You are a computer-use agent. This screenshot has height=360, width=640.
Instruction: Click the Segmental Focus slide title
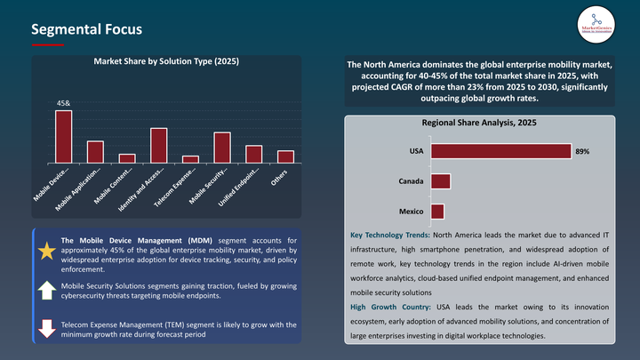(86, 29)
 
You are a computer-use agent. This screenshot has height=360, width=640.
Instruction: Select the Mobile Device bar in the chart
(64, 137)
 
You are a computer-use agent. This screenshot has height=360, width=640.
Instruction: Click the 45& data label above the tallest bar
(64, 104)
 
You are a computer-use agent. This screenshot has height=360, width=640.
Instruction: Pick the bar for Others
(285, 156)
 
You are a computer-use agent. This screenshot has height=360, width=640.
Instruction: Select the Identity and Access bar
(159, 145)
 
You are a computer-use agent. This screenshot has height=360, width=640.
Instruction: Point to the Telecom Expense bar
(190, 159)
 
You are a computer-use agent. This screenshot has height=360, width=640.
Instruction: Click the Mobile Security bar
(222, 148)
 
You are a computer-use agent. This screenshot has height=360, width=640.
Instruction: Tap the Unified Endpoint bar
(253, 154)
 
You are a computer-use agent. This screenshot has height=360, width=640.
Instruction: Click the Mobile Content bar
(127, 158)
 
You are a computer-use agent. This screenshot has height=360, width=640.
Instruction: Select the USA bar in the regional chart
(500, 151)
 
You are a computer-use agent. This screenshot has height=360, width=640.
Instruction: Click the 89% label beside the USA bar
(582, 152)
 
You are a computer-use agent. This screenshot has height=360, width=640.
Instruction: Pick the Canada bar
(440, 181)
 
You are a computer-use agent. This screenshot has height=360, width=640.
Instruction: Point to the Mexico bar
(436, 212)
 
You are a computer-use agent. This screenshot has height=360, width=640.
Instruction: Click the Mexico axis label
(410, 212)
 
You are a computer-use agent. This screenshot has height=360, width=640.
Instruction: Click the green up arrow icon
(46, 290)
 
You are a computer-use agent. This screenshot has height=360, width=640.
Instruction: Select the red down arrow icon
(46, 328)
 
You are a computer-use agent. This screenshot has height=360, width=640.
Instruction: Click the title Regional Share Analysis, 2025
(478, 123)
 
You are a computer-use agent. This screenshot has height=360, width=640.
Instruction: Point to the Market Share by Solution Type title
(166, 61)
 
